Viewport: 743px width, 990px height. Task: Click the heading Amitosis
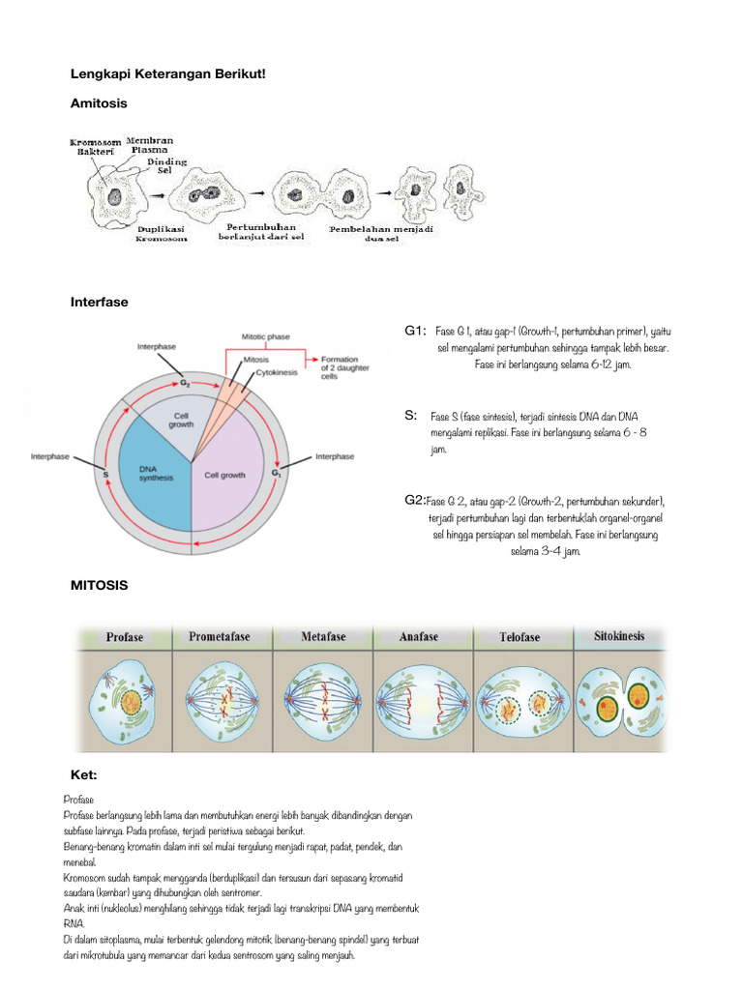(99, 102)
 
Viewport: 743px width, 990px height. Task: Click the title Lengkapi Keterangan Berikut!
(167, 73)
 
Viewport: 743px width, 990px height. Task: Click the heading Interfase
(99, 303)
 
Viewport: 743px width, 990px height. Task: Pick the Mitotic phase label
(266, 337)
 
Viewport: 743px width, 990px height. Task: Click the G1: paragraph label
(415, 332)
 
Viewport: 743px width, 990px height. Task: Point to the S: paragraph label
(411, 415)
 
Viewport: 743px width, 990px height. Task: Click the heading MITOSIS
(99, 586)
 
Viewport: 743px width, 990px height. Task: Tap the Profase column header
(125, 637)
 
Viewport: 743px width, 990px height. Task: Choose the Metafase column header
(324, 637)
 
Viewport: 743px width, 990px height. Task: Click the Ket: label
(84, 775)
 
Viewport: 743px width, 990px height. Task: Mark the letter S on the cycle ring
(104, 476)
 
